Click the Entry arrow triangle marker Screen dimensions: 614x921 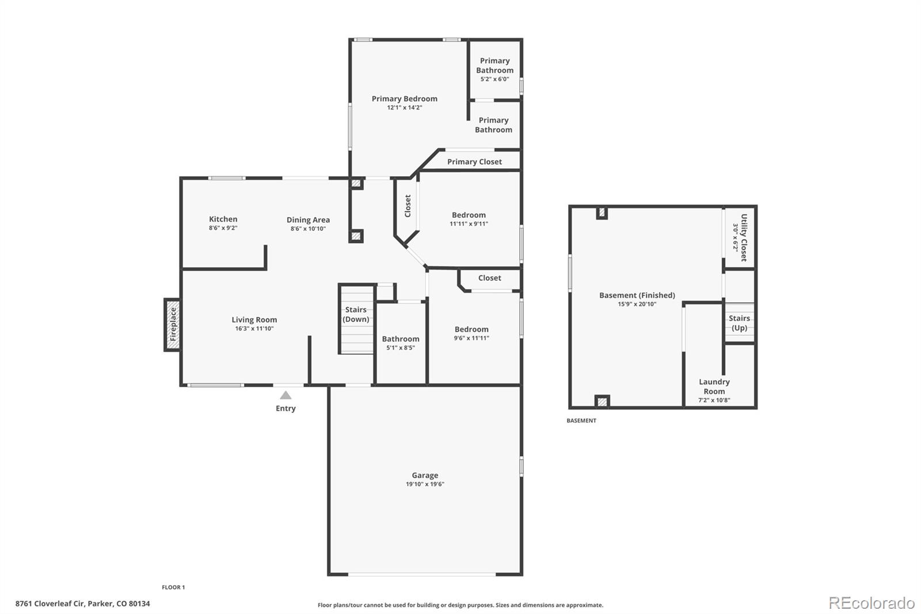click(x=286, y=395)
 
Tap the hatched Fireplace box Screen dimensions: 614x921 click(x=172, y=324)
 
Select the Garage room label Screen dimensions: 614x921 click(x=425, y=475)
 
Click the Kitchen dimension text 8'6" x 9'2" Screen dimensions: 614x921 click(x=223, y=228)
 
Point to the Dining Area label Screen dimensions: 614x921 click(x=308, y=219)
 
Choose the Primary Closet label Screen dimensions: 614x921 click(x=474, y=161)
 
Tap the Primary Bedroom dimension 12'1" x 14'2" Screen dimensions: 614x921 click(x=405, y=108)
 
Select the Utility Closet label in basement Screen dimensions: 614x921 click(x=744, y=237)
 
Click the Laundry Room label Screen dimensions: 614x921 click(x=714, y=386)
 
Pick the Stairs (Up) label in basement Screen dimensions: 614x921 click(x=739, y=323)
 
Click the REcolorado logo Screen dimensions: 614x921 click(x=871, y=602)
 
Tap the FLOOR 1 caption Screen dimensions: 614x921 click(x=173, y=587)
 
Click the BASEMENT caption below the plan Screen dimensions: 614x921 click(x=581, y=420)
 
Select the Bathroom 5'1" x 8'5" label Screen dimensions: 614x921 click(x=401, y=339)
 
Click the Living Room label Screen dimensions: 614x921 click(x=254, y=320)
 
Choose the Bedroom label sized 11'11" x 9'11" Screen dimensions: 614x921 click(x=469, y=215)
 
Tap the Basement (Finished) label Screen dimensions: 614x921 click(x=637, y=295)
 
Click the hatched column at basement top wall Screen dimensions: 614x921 click(x=602, y=213)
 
